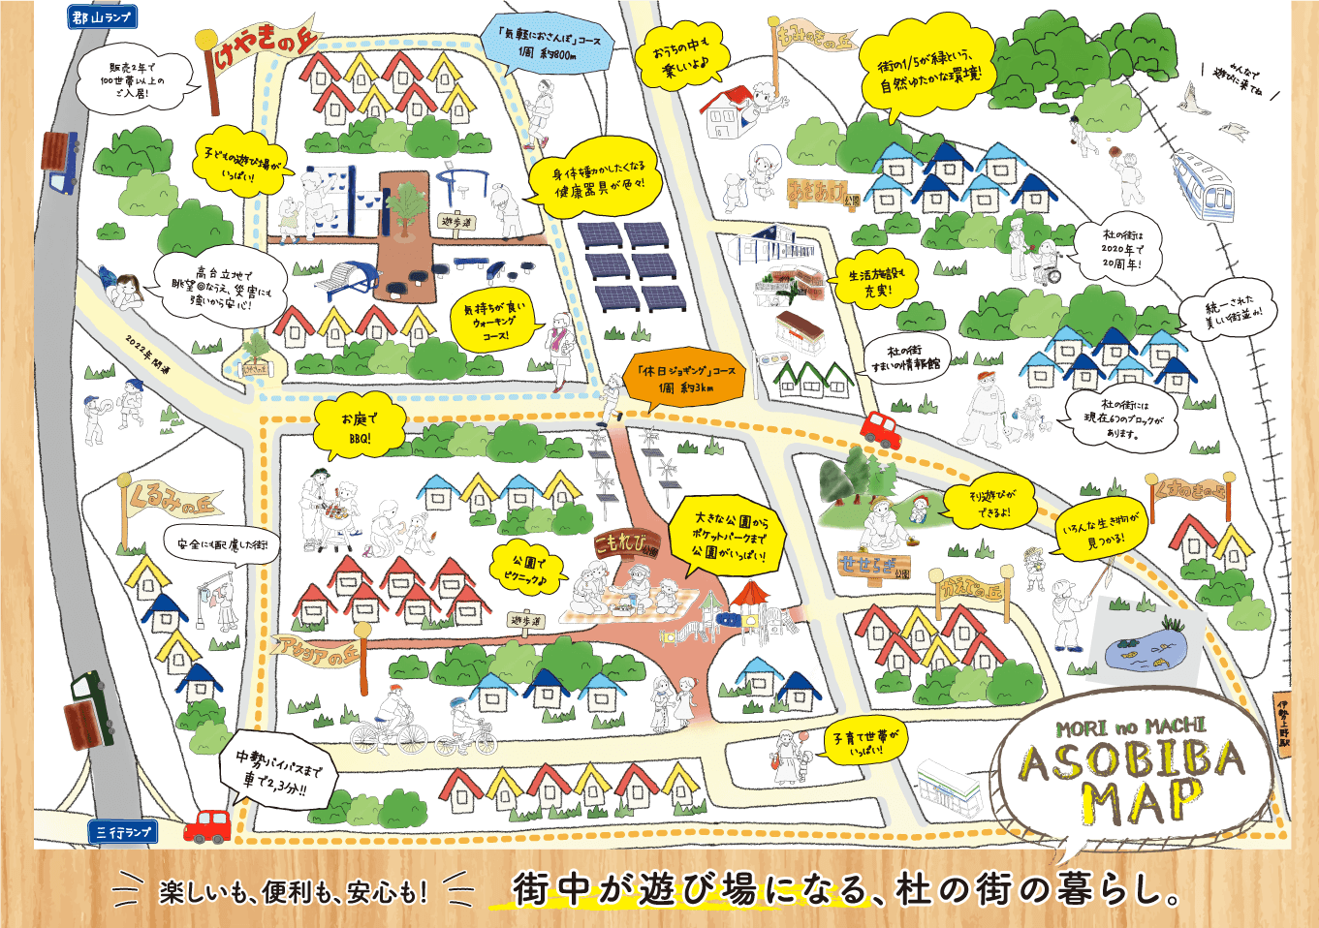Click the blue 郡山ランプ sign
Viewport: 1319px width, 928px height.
(102, 16)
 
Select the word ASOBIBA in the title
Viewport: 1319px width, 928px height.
(1131, 761)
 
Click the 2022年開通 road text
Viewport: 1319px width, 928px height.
(147, 355)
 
